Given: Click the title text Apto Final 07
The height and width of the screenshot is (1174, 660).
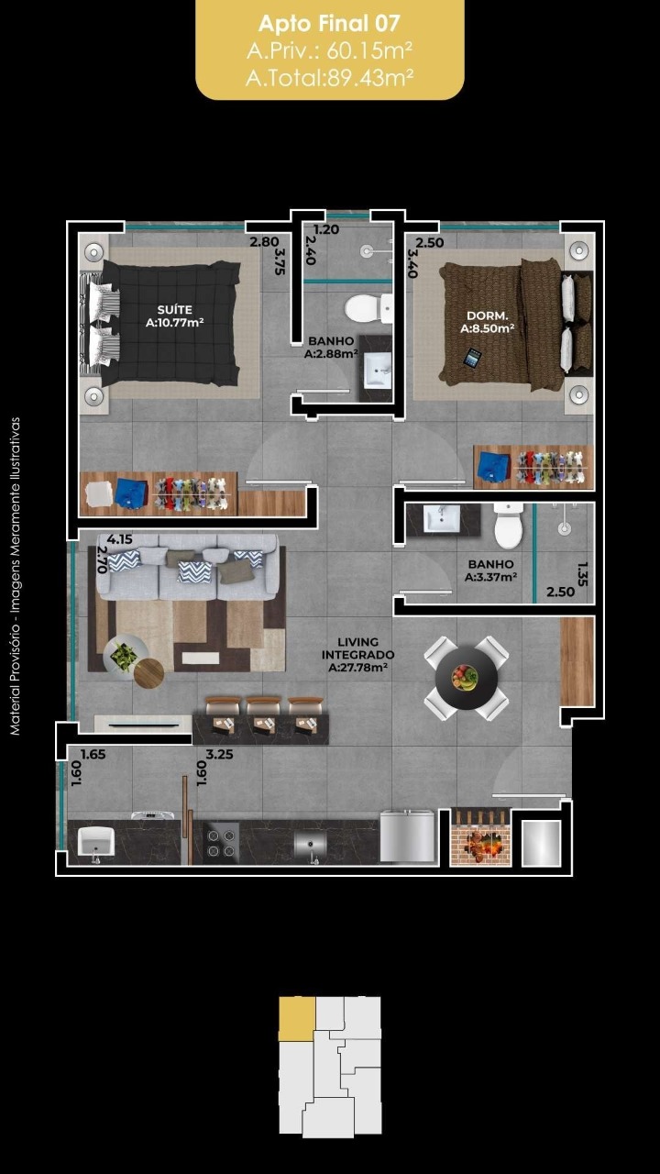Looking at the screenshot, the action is click(x=329, y=23).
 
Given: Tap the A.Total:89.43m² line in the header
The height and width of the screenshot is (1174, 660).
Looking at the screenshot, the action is click(x=329, y=78).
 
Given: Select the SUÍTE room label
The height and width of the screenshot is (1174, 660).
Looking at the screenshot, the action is click(x=175, y=310).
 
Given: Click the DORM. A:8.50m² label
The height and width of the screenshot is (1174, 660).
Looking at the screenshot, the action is click(x=487, y=322).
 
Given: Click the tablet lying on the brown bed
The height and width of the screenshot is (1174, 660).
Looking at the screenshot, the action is click(x=472, y=358).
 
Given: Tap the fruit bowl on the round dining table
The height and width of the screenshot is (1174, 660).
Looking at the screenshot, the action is click(x=465, y=677).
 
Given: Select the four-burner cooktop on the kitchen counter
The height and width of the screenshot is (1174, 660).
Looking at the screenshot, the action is click(x=221, y=843).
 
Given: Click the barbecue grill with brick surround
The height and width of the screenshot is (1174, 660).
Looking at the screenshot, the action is click(x=480, y=837).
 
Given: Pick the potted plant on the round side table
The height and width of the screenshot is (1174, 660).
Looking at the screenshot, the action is click(x=124, y=656).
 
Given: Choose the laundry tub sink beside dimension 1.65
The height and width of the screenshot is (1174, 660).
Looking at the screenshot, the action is click(x=96, y=842).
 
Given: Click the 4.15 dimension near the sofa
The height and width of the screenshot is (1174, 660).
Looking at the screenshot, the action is click(x=120, y=539).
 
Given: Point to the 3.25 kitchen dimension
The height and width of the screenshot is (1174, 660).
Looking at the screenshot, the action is click(x=219, y=754).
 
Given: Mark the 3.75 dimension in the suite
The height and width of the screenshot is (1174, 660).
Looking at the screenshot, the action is click(x=280, y=261).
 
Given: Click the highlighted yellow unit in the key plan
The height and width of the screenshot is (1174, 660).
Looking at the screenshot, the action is click(x=296, y=1019).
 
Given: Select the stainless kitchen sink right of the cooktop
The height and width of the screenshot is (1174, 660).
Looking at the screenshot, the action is click(x=310, y=843).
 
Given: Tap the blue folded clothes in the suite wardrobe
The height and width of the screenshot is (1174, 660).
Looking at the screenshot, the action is click(x=131, y=493).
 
